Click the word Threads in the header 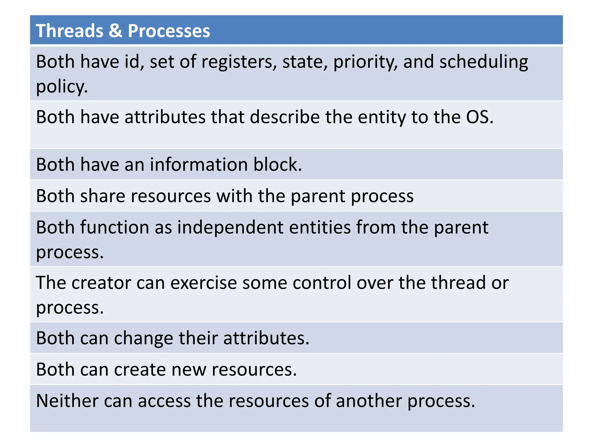(69, 31)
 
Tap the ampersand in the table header (116, 31)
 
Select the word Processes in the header (169, 31)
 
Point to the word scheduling (484, 62)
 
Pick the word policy (62, 87)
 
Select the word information (199, 165)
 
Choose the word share (103, 196)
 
